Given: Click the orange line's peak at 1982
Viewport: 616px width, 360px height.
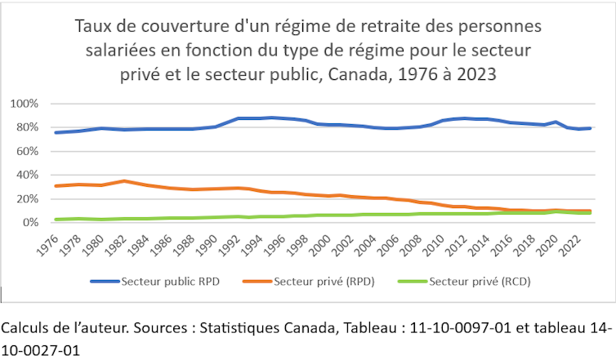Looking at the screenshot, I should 123,181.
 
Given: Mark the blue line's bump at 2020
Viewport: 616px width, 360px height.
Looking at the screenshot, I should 556,122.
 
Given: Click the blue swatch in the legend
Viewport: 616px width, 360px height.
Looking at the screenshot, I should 104,282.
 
